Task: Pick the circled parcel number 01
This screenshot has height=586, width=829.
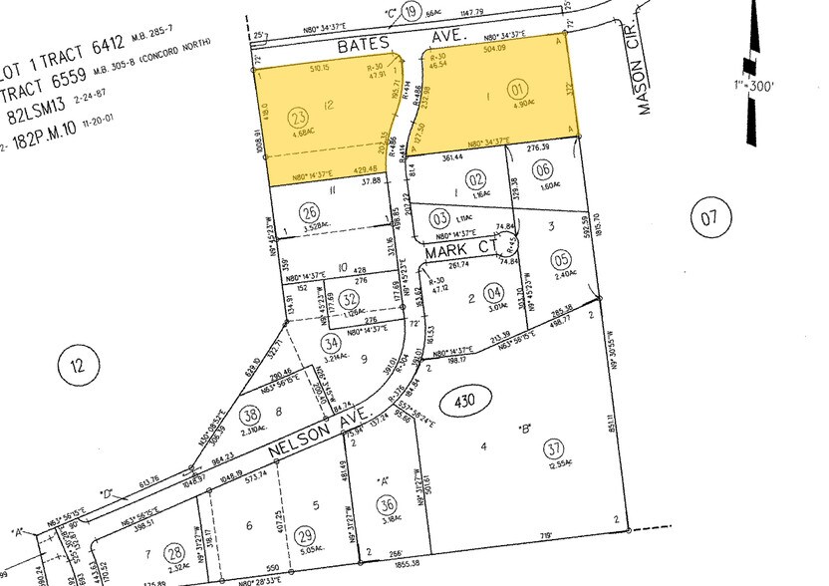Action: pos(545,86)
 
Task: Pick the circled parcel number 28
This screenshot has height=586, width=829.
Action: pos(175,551)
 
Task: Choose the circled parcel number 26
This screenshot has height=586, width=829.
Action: pos(310,210)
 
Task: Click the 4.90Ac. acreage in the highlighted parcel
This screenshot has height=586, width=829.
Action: pos(545,103)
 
